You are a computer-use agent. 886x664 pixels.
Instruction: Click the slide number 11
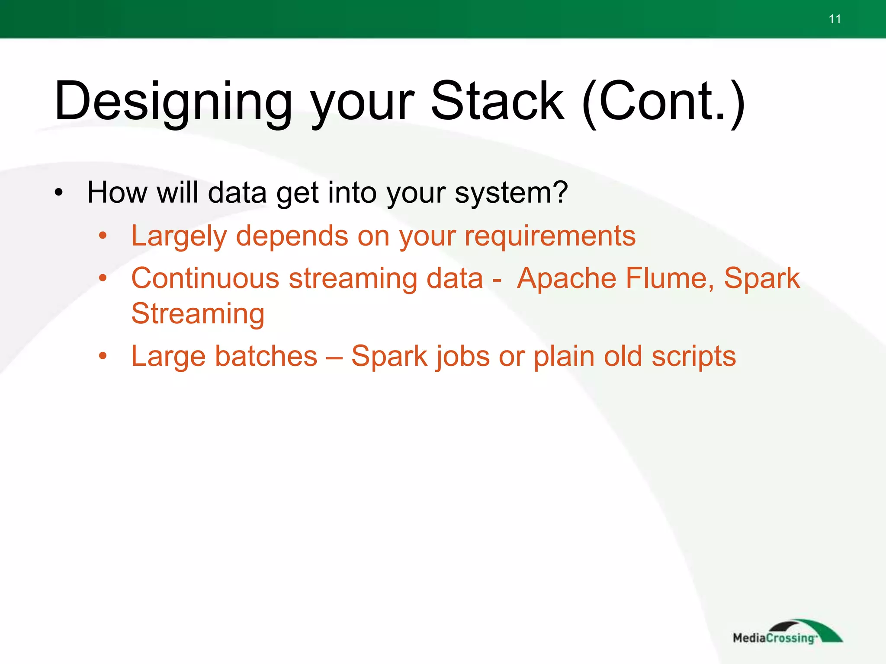pos(835,19)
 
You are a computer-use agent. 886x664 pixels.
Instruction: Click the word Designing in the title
pos(173,102)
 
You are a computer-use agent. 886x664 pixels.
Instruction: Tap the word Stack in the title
pos(498,102)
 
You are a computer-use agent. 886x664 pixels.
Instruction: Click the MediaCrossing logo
pos(786,632)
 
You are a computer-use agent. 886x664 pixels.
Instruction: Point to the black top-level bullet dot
pos(59,192)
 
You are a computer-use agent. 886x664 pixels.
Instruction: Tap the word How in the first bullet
pos(117,192)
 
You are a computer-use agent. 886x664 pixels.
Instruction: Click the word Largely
pos(179,236)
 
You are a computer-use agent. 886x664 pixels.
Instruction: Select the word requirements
pos(550,236)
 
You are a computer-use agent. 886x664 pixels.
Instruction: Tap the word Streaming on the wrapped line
pos(198,314)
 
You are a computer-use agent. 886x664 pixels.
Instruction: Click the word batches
pos(266,357)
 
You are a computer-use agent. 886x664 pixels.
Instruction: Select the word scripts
pos(693,357)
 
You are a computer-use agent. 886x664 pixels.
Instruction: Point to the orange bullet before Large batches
pos(103,356)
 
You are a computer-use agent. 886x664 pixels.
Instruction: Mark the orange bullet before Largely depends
pos(103,236)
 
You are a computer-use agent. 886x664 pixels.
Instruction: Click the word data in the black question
pos(237,192)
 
